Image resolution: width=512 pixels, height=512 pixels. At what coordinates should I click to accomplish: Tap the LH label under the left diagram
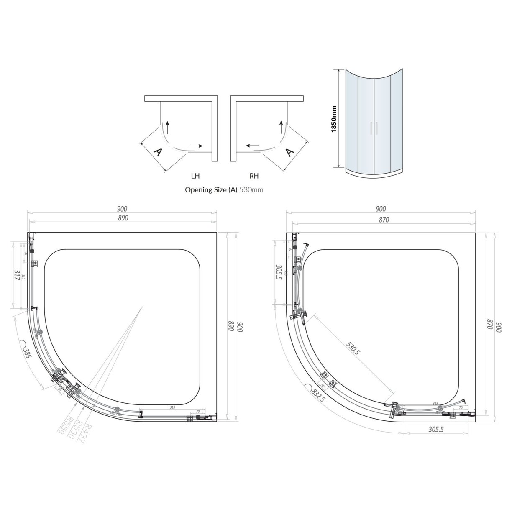click(x=195, y=176)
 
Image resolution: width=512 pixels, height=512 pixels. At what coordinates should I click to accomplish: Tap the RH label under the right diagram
click(x=254, y=176)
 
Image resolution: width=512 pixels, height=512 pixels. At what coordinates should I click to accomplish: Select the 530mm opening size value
click(x=251, y=190)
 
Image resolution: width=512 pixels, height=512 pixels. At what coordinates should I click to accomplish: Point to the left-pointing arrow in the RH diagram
click(x=252, y=146)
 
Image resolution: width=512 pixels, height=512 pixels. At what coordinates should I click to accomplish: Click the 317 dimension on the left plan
click(x=17, y=276)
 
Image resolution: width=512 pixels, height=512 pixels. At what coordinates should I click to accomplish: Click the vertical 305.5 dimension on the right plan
click(x=279, y=274)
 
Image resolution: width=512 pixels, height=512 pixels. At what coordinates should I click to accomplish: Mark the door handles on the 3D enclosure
click(x=374, y=128)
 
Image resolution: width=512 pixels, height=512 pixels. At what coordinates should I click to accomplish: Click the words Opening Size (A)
click(x=211, y=190)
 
